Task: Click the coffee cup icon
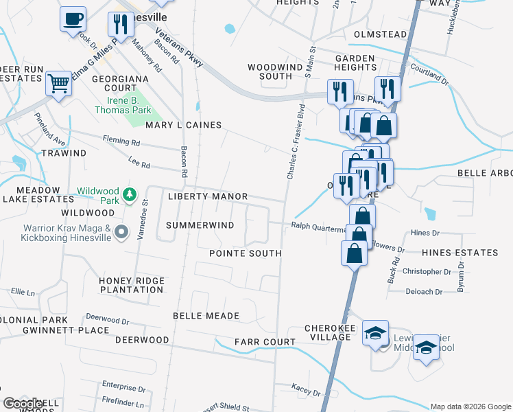point(73,19)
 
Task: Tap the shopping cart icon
point(59,84)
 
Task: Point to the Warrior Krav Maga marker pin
point(121,232)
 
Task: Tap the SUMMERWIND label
point(200,225)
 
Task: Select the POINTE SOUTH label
point(245,253)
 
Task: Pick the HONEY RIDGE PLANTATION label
point(131,285)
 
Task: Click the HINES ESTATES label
point(464,253)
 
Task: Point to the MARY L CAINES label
point(183,125)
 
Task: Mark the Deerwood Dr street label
point(108,319)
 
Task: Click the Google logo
point(24,404)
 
